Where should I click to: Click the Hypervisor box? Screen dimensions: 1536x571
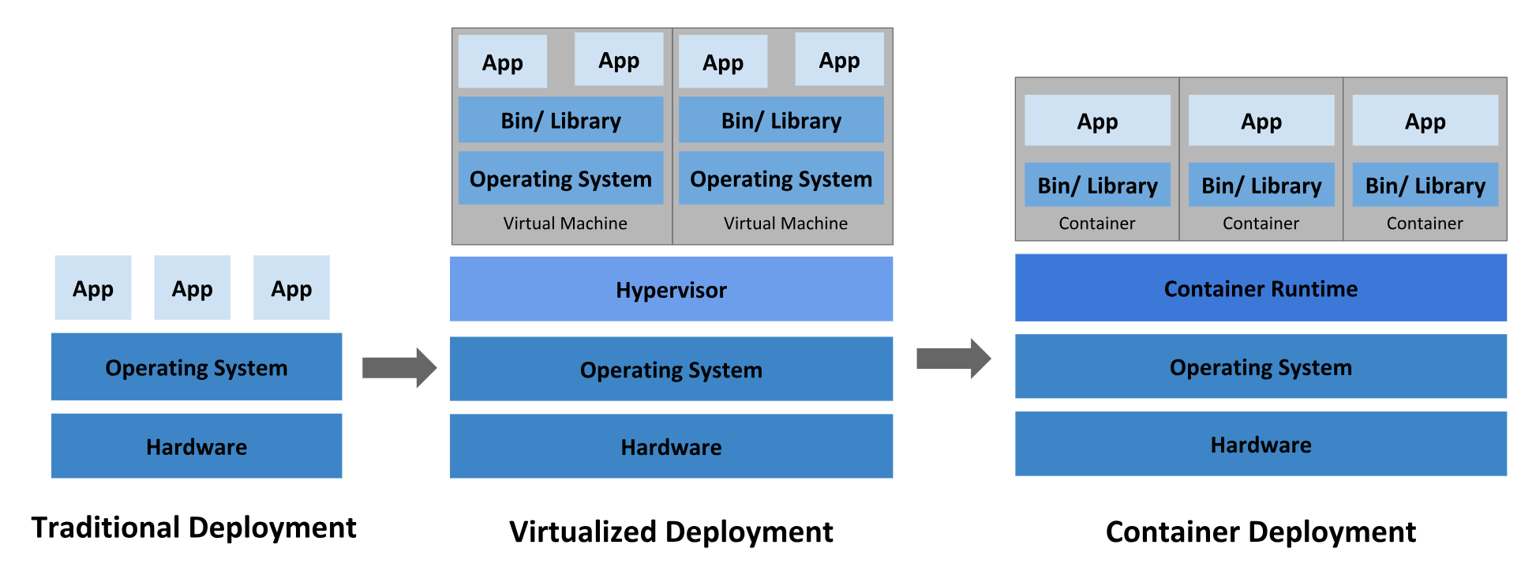pyautogui.click(x=671, y=289)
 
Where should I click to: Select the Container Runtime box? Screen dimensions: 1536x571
pyautogui.click(x=1261, y=288)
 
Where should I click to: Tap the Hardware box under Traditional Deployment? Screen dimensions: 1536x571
pyautogui.click(x=197, y=446)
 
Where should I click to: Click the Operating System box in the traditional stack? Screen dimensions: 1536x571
pyautogui.click(x=197, y=367)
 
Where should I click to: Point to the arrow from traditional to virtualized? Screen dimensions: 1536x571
pyautogui.click(x=399, y=367)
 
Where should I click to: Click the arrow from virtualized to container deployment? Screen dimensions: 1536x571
pyautogui.click(x=953, y=359)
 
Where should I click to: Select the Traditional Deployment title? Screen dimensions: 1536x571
pyautogui.click(x=194, y=528)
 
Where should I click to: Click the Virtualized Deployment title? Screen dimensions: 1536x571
pyautogui.click(x=671, y=532)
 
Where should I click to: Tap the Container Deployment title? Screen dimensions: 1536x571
pyautogui.click(x=1261, y=532)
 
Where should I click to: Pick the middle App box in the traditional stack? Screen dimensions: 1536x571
pyautogui.click(x=192, y=287)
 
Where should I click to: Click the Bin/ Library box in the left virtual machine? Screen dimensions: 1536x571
pyautogui.click(x=560, y=120)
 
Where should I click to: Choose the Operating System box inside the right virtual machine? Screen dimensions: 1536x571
pyautogui.click(x=781, y=178)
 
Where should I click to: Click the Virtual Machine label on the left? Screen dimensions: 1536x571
pyautogui.click(x=565, y=224)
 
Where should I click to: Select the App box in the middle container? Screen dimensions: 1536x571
pyautogui.click(x=1261, y=121)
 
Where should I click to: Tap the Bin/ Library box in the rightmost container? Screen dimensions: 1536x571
pyautogui.click(x=1425, y=185)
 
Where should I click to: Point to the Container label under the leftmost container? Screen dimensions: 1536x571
pyautogui.click(x=1097, y=224)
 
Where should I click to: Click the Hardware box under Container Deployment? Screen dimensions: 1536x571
pyautogui.click(x=1261, y=444)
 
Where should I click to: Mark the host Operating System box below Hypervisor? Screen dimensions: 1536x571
pyautogui.click(x=671, y=369)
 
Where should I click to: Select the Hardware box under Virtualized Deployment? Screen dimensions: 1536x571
pyautogui.click(x=671, y=446)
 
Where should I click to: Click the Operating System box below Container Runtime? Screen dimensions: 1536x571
pyautogui.click(x=1261, y=366)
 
